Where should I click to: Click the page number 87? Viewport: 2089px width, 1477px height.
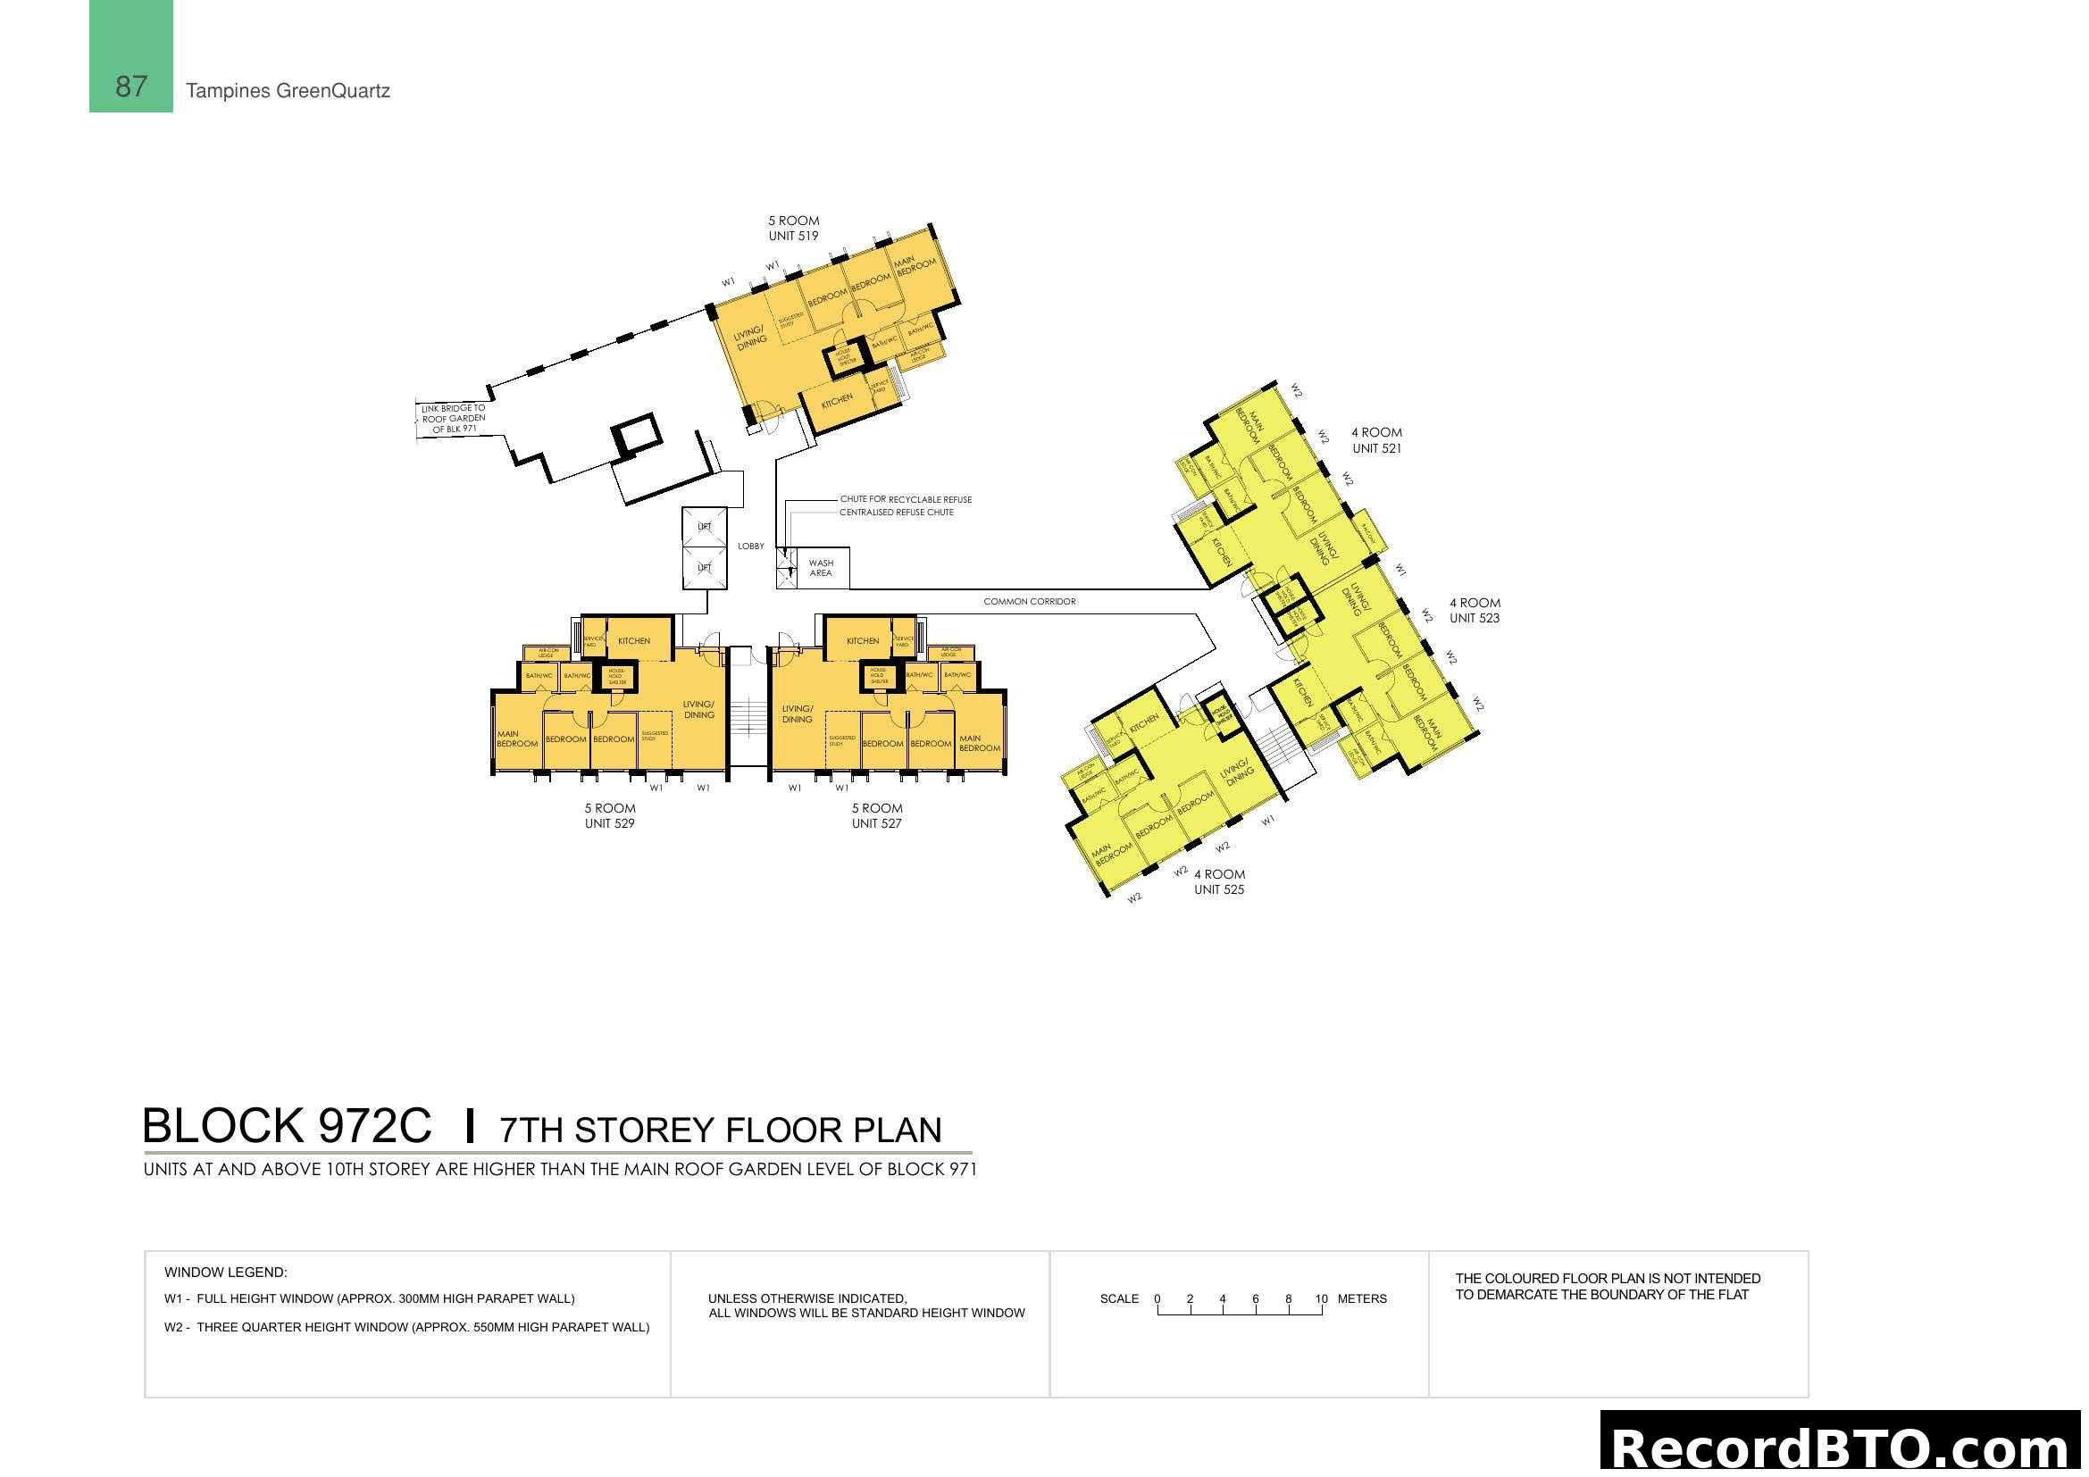click(x=131, y=87)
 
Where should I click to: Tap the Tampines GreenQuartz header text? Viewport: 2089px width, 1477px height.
click(x=288, y=91)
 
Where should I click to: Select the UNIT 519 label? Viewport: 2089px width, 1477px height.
click(x=792, y=236)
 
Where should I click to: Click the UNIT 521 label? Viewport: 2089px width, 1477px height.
click(x=1375, y=448)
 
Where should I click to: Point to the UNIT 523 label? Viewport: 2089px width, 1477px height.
click(x=1474, y=618)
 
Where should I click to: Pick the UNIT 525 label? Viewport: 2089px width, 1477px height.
click(x=1218, y=889)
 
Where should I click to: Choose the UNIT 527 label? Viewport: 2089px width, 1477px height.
click(x=876, y=823)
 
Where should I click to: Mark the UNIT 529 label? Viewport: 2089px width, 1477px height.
click(x=610, y=823)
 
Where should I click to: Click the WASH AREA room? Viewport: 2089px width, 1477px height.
click(x=821, y=569)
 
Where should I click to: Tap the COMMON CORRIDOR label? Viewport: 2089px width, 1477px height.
click(x=1029, y=601)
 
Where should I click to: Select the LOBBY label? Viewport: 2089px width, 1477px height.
click(x=750, y=547)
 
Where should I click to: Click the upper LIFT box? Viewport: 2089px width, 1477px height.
click(x=704, y=527)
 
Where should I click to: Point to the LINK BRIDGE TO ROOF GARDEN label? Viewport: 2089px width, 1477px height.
click(x=453, y=418)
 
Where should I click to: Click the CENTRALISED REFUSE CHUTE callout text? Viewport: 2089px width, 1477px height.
click(x=896, y=513)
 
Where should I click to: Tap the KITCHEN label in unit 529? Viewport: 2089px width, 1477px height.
click(x=633, y=641)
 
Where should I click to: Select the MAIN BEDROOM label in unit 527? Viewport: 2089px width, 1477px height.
click(x=978, y=743)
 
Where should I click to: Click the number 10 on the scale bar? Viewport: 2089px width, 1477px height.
click(x=1320, y=1298)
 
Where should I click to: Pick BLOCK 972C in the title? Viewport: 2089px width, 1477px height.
click(x=287, y=1126)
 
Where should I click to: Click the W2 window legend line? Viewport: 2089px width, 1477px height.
click(x=406, y=1327)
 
